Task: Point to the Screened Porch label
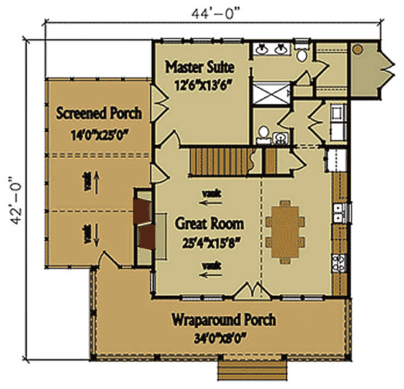(99, 113)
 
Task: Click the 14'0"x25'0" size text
(99, 133)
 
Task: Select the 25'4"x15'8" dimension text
(209, 242)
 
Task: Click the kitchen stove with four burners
(339, 263)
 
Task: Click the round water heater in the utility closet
(358, 48)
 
